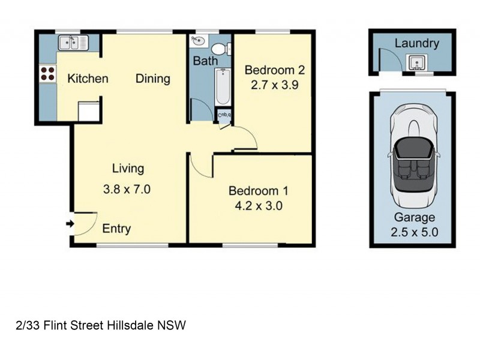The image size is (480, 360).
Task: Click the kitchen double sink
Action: tap(73, 43)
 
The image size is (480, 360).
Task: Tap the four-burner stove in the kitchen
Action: tap(47, 74)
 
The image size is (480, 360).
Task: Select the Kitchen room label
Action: tap(88, 79)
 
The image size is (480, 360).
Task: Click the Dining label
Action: tap(152, 79)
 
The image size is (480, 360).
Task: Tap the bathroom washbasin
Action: tap(198, 41)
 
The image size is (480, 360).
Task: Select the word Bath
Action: tap(205, 61)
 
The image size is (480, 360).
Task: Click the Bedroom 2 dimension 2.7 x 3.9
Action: tap(274, 85)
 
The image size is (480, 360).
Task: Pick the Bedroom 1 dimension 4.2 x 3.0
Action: tap(259, 206)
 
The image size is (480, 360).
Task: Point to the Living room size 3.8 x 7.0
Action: tap(127, 190)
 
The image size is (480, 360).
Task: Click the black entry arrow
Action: tap(70, 224)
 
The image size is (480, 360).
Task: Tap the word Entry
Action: tap(116, 229)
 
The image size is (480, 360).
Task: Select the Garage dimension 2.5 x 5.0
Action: tap(414, 232)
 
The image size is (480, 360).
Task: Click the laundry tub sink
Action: tap(415, 62)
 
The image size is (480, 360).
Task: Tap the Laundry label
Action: tap(416, 43)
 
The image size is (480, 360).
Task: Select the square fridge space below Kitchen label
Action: tap(88, 112)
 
